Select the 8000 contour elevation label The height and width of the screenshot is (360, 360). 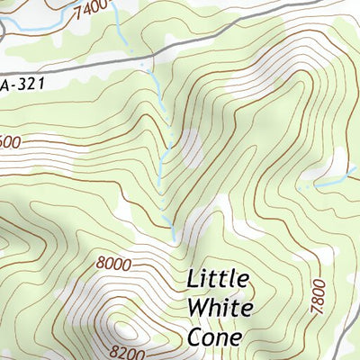(x=113, y=264)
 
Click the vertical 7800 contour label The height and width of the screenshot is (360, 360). (x=315, y=296)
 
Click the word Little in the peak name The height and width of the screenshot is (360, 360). (x=219, y=278)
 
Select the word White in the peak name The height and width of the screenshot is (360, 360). (x=220, y=308)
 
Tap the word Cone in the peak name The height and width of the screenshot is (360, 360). (x=215, y=337)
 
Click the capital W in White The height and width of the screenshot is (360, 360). (x=197, y=308)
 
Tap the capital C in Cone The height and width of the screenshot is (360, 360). (x=195, y=337)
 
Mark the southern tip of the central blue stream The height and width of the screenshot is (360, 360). (x=174, y=239)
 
